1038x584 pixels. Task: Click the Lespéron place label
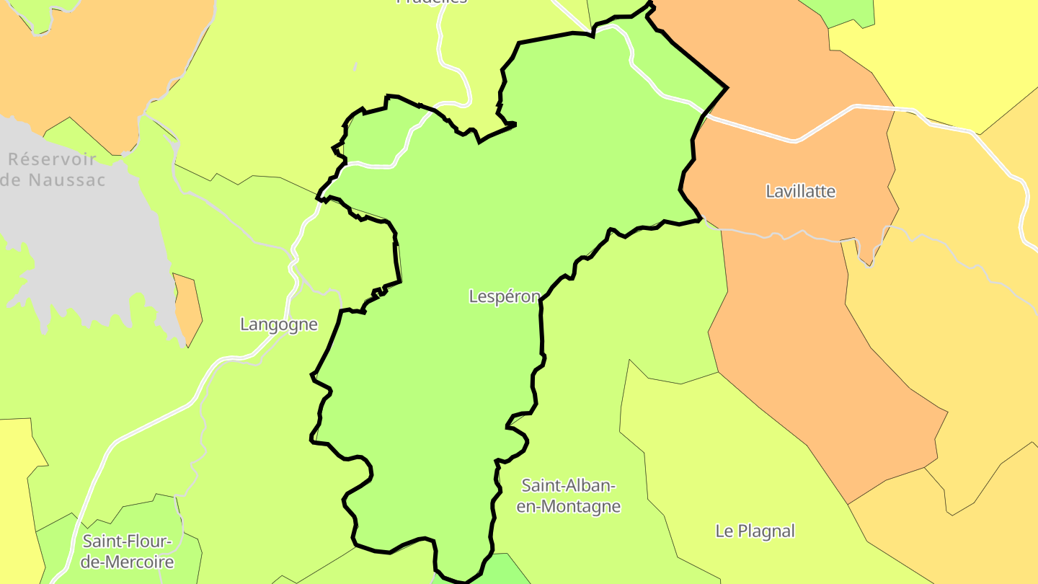coord(504,296)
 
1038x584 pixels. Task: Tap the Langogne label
coord(279,324)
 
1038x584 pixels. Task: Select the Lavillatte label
coord(800,192)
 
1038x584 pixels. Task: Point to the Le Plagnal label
coord(755,531)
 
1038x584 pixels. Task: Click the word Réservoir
coord(52,159)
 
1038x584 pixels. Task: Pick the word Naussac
coord(67,180)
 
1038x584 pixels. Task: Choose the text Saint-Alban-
coord(569,485)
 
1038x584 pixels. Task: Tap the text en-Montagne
coord(569,506)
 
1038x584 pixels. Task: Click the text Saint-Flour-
coord(128,541)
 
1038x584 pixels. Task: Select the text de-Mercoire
coord(128,562)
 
